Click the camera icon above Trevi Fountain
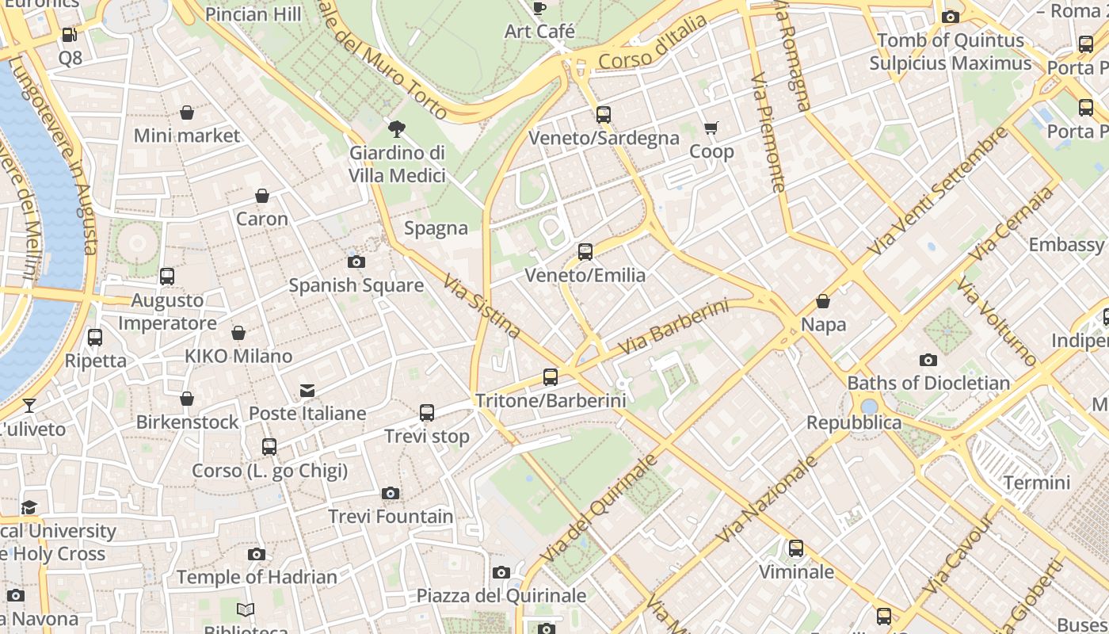pos(390,494)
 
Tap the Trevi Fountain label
pos(391,517)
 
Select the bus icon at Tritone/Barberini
pos(551,377)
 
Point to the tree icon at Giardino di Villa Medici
pos(397,129)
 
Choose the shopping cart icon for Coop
pos(711,128)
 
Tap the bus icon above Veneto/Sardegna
pos(604,115)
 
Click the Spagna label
pos(436,228)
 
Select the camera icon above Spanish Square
pos(356,262)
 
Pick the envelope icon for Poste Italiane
pos(307,390)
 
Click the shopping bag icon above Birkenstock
pos(187,399)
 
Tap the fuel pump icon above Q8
pos(70,35)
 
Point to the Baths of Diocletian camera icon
pos(928,361)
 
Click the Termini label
pos(1036,483)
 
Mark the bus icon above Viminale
pos(796,548)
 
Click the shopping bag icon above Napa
pos(823,301)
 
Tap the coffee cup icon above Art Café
pos(539,9)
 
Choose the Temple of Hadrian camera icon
pos(257,554)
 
